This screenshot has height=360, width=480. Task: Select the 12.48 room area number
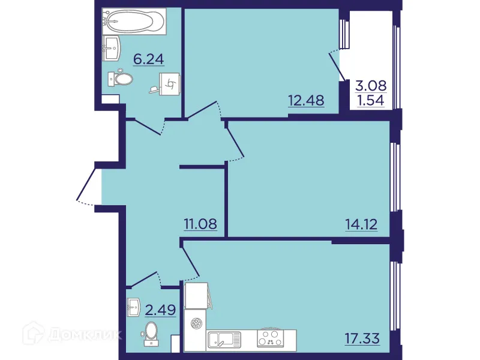(306, 100)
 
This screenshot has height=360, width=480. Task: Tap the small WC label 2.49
(160, 310)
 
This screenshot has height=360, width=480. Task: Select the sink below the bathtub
(112, 48)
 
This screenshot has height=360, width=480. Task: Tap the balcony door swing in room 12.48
(336, 66)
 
